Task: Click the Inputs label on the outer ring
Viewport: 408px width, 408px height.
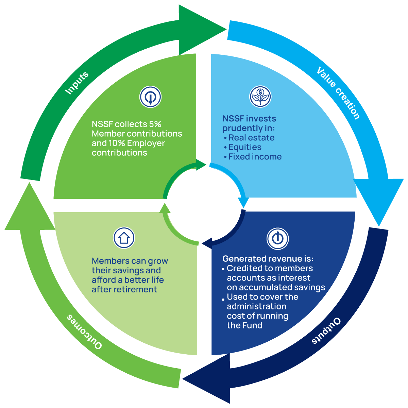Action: (77, 83)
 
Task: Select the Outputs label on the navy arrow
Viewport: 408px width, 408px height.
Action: (326, 330)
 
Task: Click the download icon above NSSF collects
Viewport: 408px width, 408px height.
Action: (150, 97)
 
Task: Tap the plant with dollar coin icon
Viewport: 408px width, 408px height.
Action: (260, 97)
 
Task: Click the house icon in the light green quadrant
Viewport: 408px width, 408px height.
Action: (124, 238)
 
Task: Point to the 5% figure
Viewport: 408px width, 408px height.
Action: (155, 124)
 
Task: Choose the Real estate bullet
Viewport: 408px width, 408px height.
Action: (251, 138)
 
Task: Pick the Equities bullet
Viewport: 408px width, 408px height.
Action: (245, 147)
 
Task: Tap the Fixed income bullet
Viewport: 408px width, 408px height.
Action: (255, 157)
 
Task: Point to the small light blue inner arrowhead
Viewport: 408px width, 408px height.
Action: (244, 202)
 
